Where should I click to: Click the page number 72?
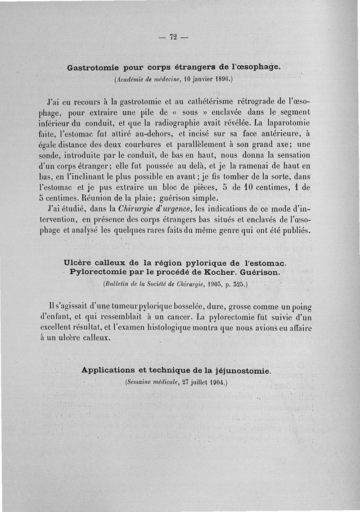[x=173, y=37]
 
